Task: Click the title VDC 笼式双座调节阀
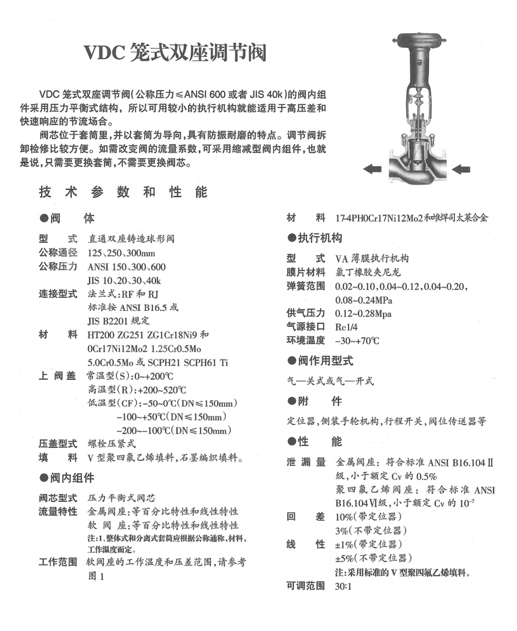coord(175,54)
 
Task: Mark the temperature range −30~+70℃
coord(357,341)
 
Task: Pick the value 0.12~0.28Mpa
coord(363,313)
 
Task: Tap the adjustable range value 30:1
coord(343,585)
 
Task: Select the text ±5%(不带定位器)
coord(370,557)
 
